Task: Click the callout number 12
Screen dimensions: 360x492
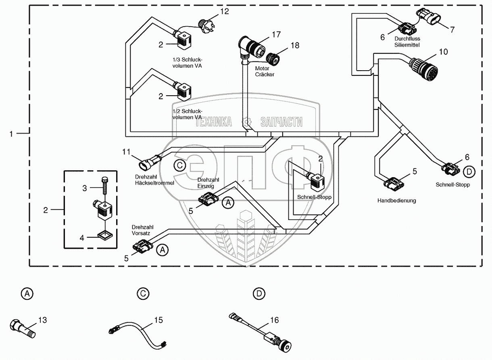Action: (224, 11)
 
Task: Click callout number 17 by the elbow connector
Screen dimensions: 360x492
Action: (275, 34)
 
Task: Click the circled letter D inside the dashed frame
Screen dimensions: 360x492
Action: (469, 172)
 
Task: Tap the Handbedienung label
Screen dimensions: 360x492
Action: (396, 200)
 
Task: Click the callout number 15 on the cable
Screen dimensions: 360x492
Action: (158, 320)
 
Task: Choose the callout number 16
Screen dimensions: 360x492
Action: (275, 320)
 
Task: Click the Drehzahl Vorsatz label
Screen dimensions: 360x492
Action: (139, 230)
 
